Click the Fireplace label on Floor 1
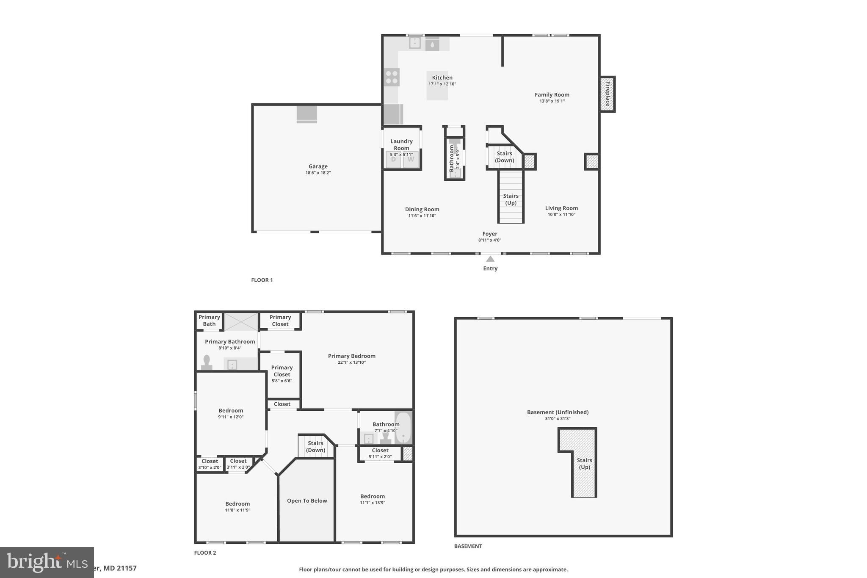pyautogui.click(x=607, y=94)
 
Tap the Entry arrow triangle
pyautogui.click(x=490, y=259)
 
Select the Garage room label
pyautogui.click(x=318, y=166)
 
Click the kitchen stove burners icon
pyautogui.click(x=392, y=77)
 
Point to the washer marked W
pyautogui.click(x=411, y=160)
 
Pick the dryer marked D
pyautogui.click(x=393, y=160)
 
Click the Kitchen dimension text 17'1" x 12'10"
pyautogui.click(x=442, y=84)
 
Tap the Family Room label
pyautogui.click(x=552, y=95)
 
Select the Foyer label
pyautogui.click(x=490, y=234)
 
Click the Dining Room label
pyautogui.click(x=422, y=209)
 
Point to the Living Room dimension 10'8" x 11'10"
pyautogui.click(x=561, y=214)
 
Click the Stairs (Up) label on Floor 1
pyautogui.click(x=511, y=199)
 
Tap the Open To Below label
pyautogui.click(x=307, y=501)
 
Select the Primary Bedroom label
pyautogui.click(x=351, y=356)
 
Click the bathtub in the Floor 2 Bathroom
pyautogui.click(x=403, y=428)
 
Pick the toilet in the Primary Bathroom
pyautogui.click(x=207, y=363)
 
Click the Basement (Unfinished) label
pyautogui.click(x=558, y=412)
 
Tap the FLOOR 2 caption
pyautogui.click(x=205, y=553)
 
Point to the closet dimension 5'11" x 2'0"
pyautogui.click(x=380, y=457)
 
